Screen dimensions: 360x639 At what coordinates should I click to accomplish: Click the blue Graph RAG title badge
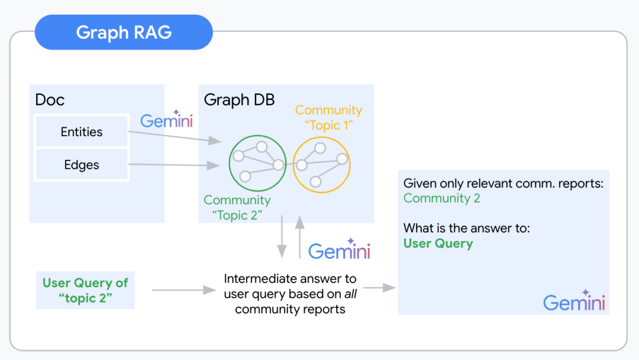coord(124,32)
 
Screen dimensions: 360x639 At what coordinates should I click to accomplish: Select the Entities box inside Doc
coord(82,131)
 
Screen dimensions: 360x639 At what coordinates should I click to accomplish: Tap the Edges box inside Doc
coord(82,165)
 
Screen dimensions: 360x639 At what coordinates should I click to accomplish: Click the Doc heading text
coord(50,99)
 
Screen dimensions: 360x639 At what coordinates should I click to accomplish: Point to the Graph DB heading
coord(239,99)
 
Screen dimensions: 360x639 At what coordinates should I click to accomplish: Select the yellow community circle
coord(322,164)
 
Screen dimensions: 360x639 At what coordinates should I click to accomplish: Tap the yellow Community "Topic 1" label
coord(328,118)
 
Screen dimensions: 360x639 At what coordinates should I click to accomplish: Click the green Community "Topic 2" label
coord(237,207)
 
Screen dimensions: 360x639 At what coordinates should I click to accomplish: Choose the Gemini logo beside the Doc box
coord(166,121)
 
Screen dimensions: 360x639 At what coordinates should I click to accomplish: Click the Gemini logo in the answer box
coord(574,302)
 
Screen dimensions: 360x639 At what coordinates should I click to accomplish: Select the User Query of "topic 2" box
coord(85,290)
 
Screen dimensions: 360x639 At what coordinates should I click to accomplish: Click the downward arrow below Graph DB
coord(282,237)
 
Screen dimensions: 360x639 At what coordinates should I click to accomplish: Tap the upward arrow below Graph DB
coord(299,237)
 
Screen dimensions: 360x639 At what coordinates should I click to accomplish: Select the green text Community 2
coord(441,198)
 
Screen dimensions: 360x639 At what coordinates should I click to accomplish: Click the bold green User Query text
coord(438,243)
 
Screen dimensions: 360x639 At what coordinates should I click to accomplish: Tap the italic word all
coord(351,294)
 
